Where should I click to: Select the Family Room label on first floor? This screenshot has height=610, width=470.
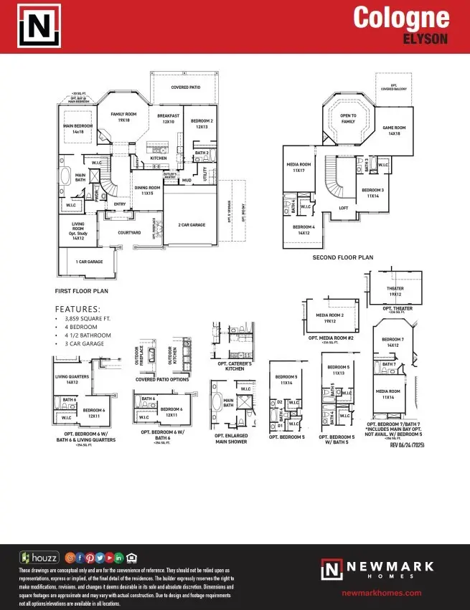coord(123,117)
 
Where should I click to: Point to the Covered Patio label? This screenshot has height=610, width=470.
coord(185,87)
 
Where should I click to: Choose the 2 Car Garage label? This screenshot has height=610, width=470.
coord(192,225)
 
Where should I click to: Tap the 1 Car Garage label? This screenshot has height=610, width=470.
coord(89,262)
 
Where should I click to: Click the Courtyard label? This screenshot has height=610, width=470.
coord(118,233)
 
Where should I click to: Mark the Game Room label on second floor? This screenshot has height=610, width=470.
coord(394,131)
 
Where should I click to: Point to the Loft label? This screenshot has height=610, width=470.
coord(344,208)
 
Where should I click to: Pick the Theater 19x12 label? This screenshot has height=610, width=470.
coord(395,291)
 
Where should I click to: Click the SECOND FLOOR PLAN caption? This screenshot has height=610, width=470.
coord(342,257)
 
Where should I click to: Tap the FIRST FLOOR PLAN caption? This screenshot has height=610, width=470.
coord(81,292)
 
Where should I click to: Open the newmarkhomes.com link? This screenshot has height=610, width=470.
coord(381,593)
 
